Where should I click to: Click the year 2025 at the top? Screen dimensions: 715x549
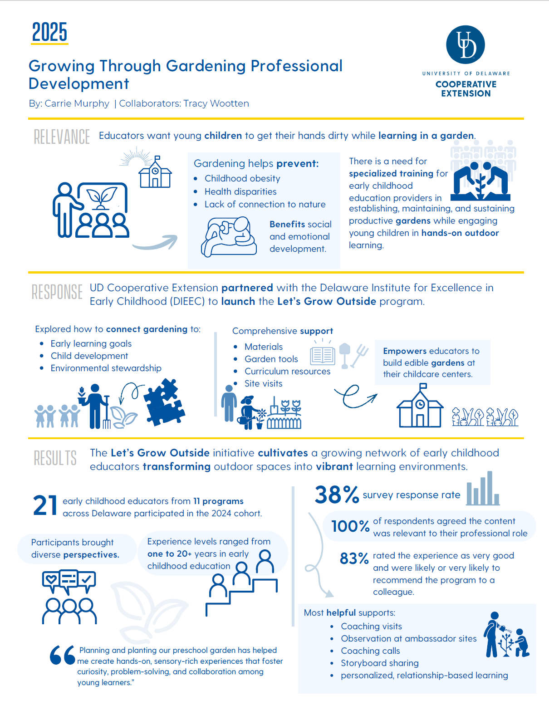point(49,32)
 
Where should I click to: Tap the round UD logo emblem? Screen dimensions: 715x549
point(466,44)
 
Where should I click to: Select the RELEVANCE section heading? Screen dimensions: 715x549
point(62,137)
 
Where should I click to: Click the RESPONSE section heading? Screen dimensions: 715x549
point(57,292)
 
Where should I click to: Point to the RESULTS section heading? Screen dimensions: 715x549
point(55,458)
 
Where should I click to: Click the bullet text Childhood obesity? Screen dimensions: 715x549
point(242,178)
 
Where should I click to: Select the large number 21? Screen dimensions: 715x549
point(45,506)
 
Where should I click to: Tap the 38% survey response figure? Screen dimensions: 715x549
point(337,495)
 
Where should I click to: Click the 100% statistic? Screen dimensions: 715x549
point(350,526)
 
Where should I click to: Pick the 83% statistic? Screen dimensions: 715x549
point(354,558)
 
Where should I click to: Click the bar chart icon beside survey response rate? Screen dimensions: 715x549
point(483,489)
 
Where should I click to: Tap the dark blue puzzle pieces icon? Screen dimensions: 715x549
point(164,402)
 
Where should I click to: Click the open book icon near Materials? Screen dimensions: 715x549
point(323,355)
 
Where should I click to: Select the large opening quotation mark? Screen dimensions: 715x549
point(62,655)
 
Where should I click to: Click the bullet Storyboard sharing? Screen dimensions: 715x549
point(379,663)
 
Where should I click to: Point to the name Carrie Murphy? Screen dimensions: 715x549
point(77,103)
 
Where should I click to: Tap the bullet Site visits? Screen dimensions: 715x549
point(263,383)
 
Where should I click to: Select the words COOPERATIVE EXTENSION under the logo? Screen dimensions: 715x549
point(466,89)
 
